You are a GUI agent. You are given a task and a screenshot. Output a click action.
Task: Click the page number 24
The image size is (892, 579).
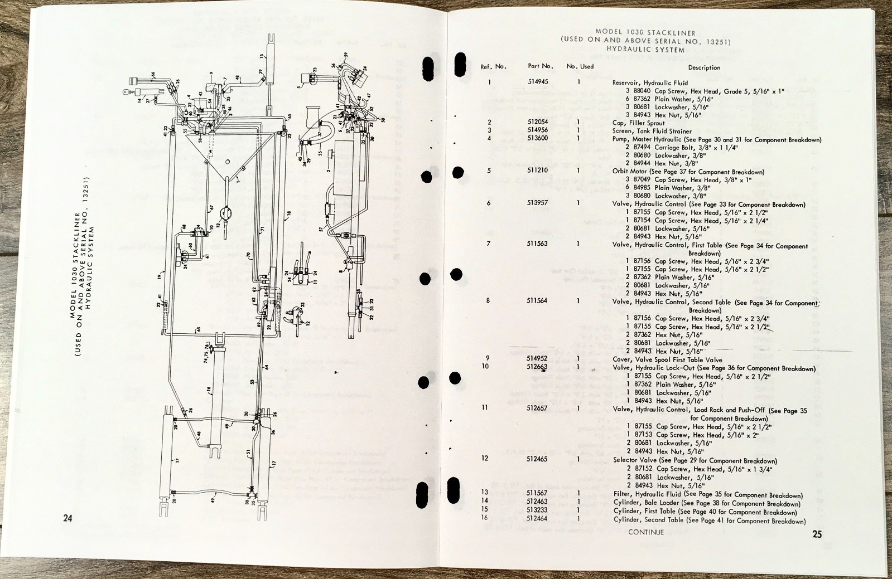coord(67,518)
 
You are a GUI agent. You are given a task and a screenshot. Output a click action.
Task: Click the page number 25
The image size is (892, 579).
coord(817,534)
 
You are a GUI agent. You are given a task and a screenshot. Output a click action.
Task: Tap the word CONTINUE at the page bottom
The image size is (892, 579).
coord(646,532)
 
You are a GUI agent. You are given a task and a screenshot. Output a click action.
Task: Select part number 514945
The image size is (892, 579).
coord(538,82)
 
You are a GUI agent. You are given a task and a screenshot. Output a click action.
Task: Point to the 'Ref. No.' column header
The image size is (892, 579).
coord(493,66)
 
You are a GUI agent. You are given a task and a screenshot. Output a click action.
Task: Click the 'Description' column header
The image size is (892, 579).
coord(704,67)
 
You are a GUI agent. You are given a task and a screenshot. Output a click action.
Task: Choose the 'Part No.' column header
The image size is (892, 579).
coord(540,66)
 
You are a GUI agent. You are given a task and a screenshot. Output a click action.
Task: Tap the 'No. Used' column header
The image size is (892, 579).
coord(580,66)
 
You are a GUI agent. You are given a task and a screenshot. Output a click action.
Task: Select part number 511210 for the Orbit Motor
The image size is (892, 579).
coord(538,171)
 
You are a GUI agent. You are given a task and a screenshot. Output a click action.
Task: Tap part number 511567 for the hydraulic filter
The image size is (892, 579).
coord(538,493)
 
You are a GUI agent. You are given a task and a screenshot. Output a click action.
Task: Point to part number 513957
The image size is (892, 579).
coord(538,203)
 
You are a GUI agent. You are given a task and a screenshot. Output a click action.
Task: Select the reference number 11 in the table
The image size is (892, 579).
coord(484,407)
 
